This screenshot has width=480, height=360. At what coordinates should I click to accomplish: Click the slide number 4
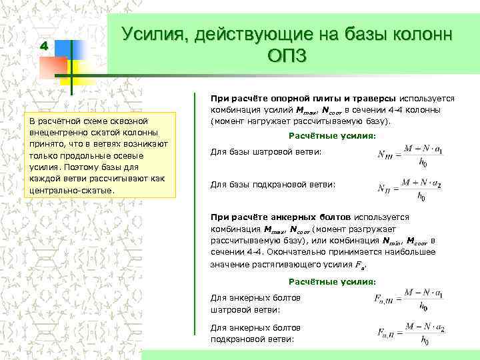click(x=44, y=47)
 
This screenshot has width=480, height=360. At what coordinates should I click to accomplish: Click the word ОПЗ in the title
click(x=287, y=55)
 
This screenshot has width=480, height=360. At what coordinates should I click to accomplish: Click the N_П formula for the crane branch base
click(x=402, y=187)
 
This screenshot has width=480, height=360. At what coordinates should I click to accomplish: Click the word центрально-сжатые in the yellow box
click(x=73, y=190)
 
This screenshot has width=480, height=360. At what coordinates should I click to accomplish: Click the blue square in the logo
click(x=72, y=51)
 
